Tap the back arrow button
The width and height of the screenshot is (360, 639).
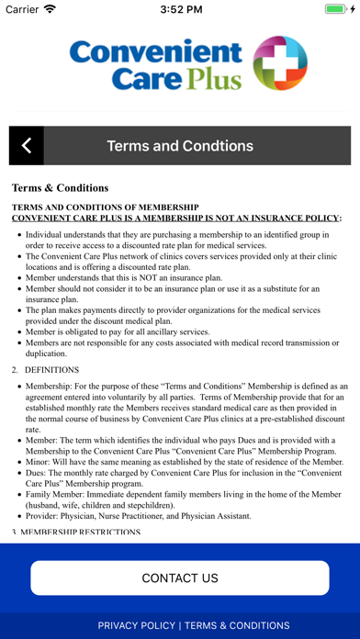tap(27, 146)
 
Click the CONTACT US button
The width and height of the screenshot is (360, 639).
tap(180, 577)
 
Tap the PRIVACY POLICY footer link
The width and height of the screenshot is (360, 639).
tap(136, 625)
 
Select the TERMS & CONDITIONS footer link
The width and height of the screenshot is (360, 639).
tap(237, 625)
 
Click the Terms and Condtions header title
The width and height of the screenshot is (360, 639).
tap(180, 146)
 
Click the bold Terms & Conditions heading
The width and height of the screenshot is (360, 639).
tap(60, 187)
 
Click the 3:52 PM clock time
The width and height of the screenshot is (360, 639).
tap(180, 9)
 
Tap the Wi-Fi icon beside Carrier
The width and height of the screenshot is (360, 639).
tap(51, 9)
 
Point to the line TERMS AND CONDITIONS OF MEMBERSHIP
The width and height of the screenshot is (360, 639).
tap(105, 207)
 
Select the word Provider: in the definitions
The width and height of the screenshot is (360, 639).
tap(48, 516)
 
